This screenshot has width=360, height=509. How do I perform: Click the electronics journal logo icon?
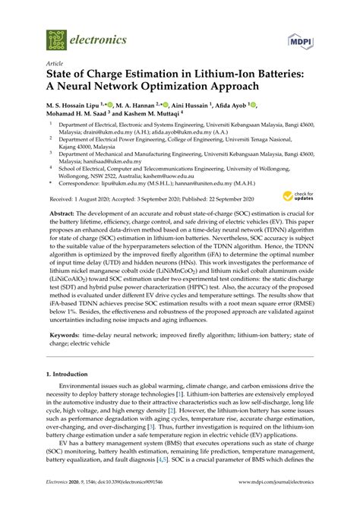pyautogui.click(x=56, y=36)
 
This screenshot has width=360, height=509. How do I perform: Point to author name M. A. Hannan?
pyautogui.click(x=146, y=105)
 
